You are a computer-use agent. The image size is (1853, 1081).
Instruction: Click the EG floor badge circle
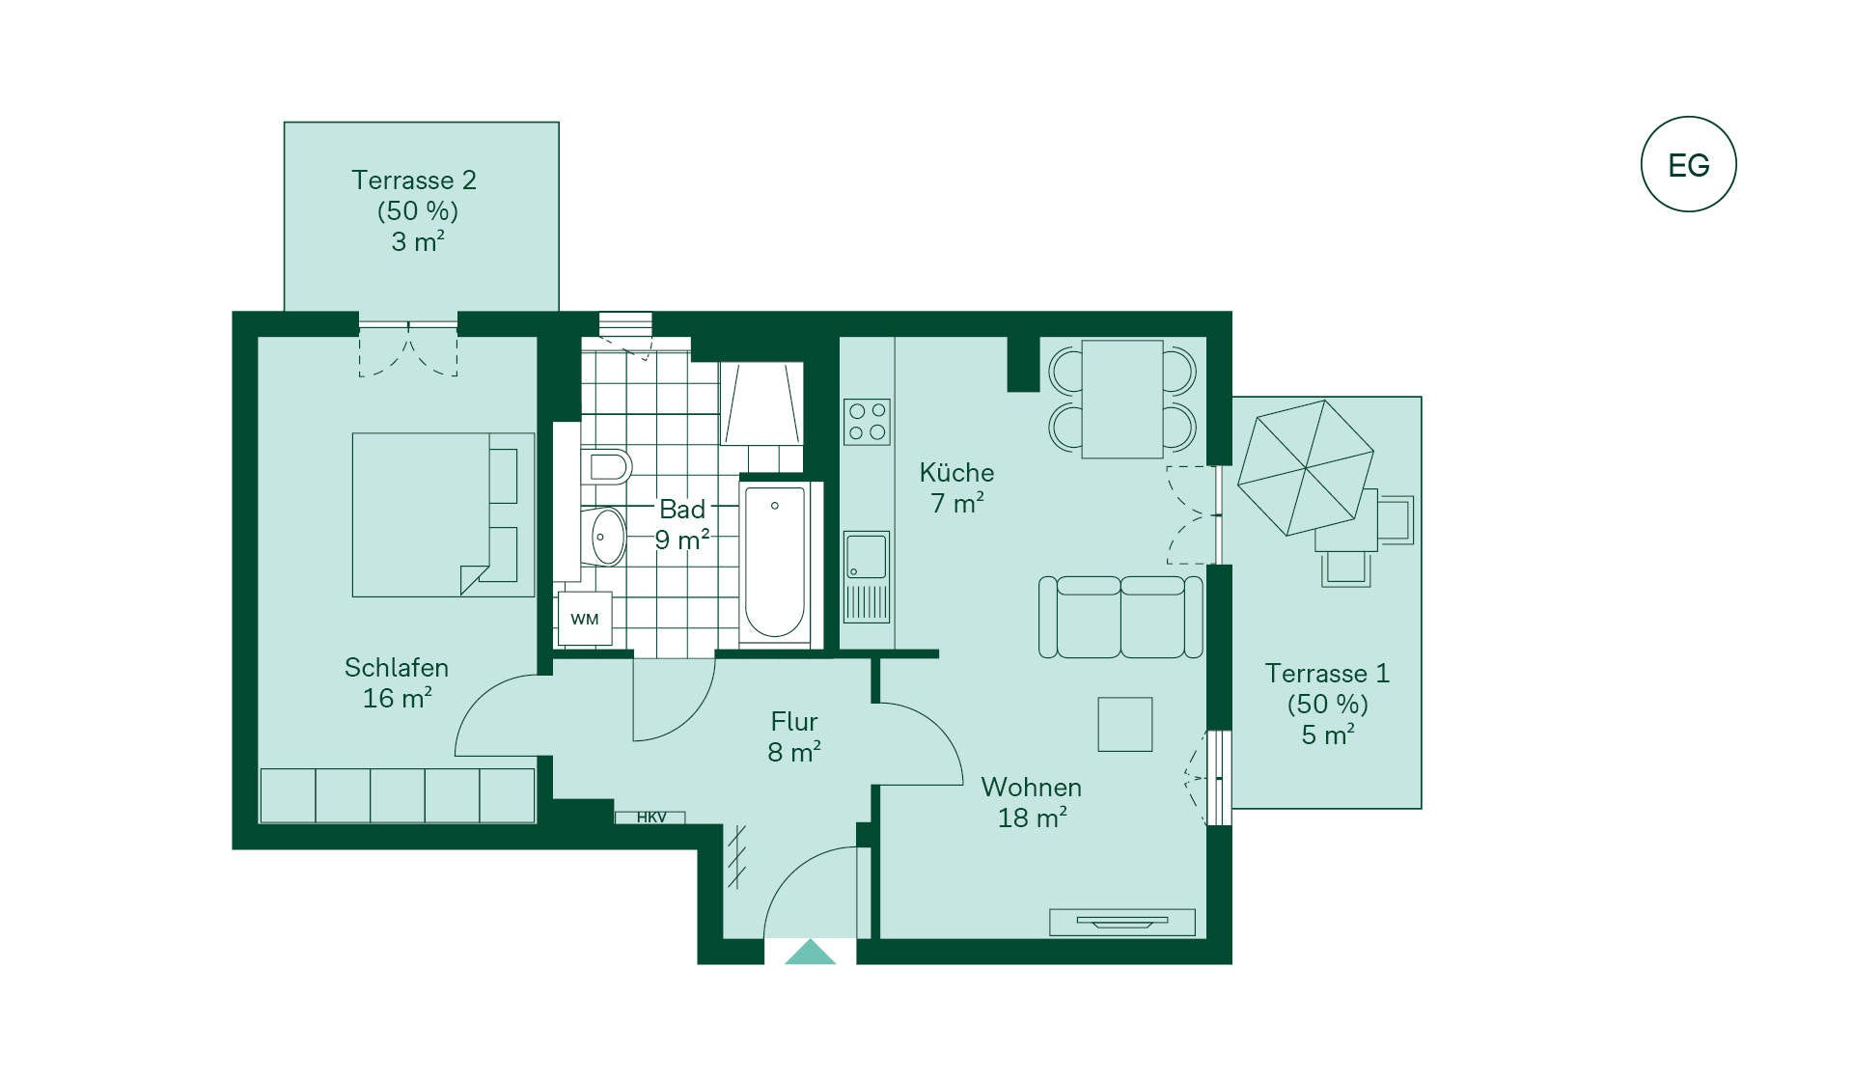(1689, 164)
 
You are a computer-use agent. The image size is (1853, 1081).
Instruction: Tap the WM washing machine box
(585, 619)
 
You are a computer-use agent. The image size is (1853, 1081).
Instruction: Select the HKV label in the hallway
(651, 818)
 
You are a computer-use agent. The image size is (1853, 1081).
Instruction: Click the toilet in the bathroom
(607, 467)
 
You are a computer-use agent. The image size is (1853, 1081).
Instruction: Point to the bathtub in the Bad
(774, 563)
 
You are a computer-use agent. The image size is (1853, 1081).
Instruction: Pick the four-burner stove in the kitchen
(867, 422)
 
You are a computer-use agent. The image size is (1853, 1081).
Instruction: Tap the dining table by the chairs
(1122, 399)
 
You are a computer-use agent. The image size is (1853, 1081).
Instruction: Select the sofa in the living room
(1120, 617)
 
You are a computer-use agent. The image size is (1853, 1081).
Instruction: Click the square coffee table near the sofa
(1125, 724)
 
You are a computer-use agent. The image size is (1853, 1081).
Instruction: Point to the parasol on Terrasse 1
(1306, 467)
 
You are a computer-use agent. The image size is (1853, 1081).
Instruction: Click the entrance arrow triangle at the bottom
(810, 952)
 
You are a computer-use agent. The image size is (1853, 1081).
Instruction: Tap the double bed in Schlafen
(443, 514)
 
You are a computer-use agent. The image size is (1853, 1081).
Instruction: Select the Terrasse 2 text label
(414, 180)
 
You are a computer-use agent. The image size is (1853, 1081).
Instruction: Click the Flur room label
(794, 722)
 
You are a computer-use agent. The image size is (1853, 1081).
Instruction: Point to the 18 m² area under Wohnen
(1032, 818)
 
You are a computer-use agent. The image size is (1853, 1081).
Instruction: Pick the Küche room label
(956, 473)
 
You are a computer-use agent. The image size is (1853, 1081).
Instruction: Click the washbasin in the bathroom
(607, 537)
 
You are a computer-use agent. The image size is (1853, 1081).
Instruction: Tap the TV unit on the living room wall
(1122, 922)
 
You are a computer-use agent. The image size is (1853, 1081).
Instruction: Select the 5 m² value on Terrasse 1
(1328, 735)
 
